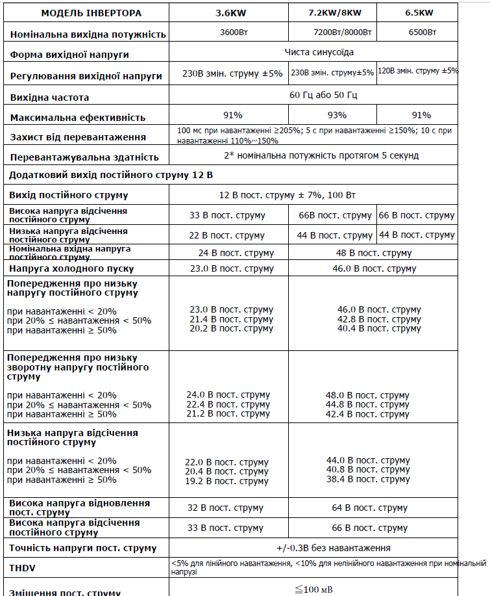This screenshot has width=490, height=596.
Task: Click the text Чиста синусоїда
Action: pos(319,52)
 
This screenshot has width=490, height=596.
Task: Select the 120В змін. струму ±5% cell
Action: pos(417,71)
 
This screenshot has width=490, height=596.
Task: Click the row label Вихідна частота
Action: pos(50,97)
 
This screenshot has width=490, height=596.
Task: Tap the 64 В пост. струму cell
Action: pos(378,508)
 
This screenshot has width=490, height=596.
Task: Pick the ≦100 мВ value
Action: pos(308,590)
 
